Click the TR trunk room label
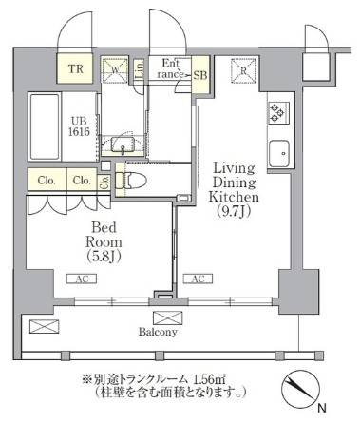75,68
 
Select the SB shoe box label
200,75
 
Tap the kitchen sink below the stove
279,151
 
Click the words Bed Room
103,236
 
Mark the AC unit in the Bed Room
81,279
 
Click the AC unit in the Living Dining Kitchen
197,279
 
